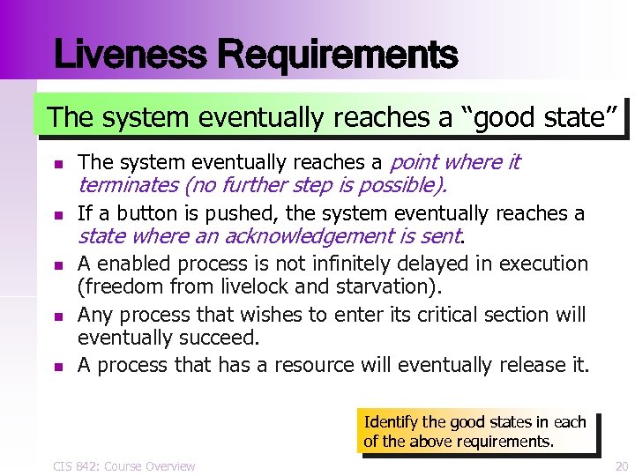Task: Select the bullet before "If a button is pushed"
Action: pos(56,215)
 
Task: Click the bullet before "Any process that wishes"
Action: pos(56,316)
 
